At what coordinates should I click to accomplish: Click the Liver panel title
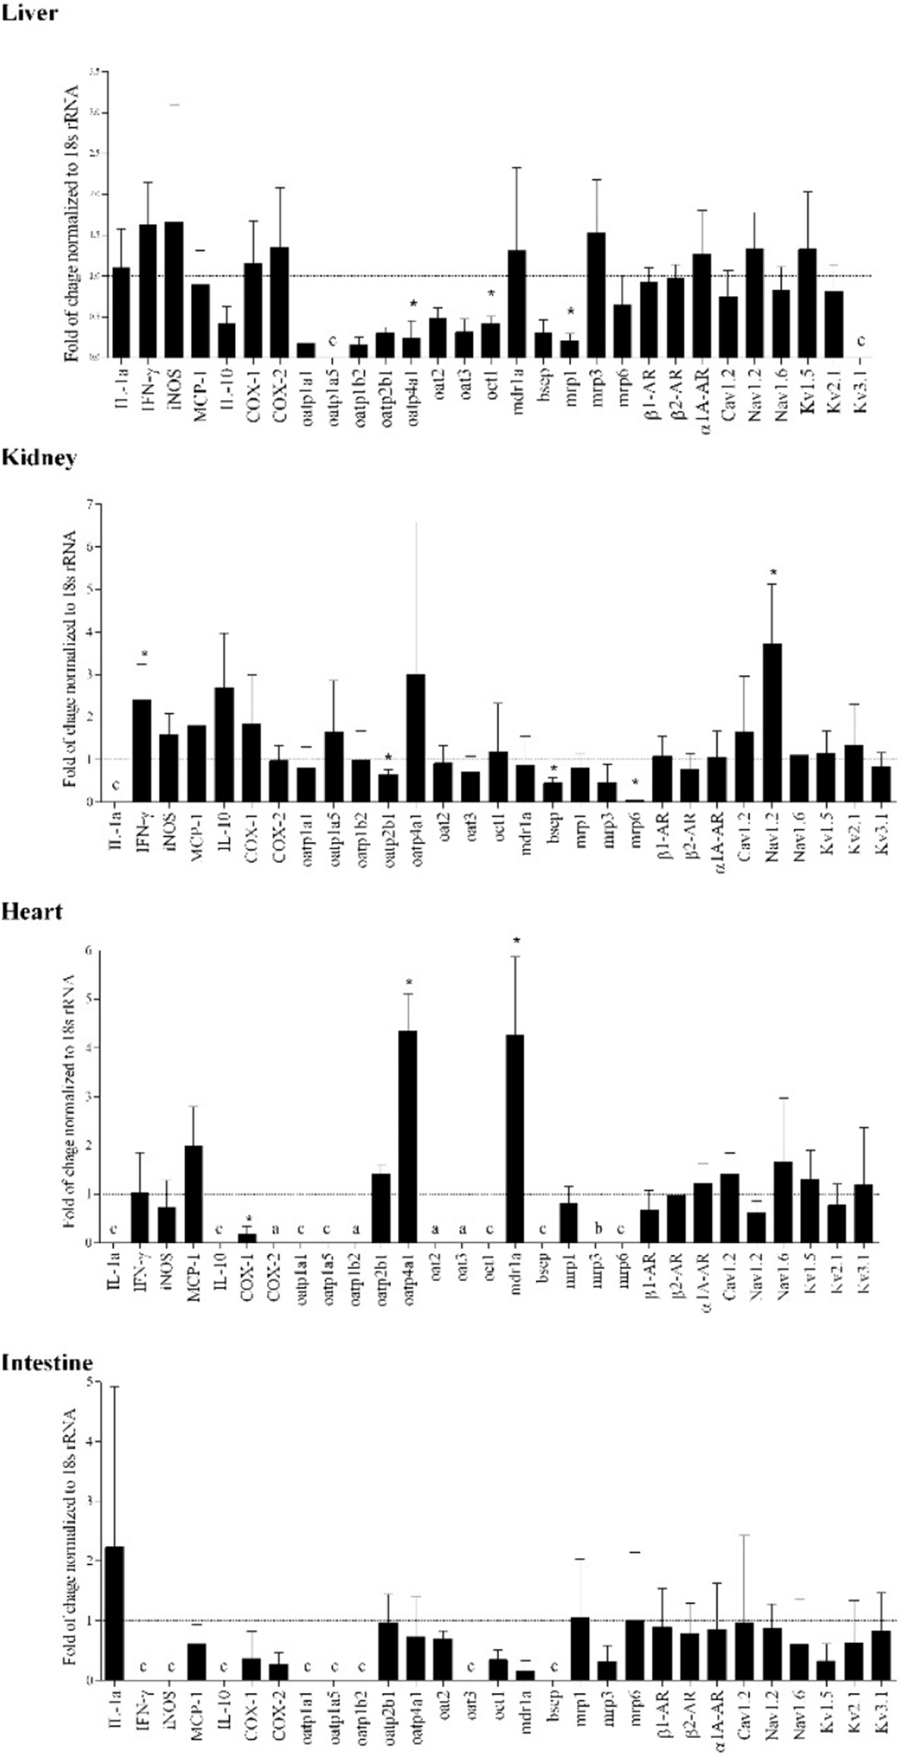click(x=29, y=13)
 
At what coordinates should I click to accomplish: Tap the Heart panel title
click(x=32, y=911)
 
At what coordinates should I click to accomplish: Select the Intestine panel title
click(x=47, y=1362)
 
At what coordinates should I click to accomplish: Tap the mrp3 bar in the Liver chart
click(x=596, y=295)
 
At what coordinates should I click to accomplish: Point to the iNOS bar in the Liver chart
click(x=173, y=290)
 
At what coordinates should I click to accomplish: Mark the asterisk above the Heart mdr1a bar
click(x=516, y=941)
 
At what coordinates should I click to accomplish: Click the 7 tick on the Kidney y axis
click(x=90, y=505)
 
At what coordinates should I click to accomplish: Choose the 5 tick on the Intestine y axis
click(x=89, y=1381)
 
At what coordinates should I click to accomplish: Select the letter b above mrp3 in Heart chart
click(x=596, y=1229)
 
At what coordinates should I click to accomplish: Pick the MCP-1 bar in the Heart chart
click(x=193, y=1193)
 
